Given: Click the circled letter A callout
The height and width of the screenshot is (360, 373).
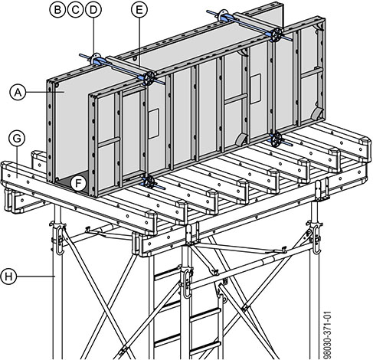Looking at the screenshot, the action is [18, 92].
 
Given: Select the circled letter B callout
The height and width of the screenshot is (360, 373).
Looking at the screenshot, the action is [57, 10].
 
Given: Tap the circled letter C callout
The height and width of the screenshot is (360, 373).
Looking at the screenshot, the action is [76, 10].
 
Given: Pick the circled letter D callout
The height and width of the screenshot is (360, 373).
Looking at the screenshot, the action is [93, 10].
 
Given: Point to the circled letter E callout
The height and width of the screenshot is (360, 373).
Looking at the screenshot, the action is [139, 10].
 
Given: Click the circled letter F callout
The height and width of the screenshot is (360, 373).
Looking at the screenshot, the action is [79, 183].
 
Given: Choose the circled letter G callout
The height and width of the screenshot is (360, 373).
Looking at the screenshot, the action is [17, 139].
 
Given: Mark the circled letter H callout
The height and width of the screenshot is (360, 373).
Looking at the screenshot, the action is [9, 277].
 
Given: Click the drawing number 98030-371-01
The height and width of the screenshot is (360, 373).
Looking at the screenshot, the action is [327, 335].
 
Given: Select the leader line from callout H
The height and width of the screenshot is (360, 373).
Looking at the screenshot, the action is [36, 277].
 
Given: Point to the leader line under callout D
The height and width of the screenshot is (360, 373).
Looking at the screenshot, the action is [93, 36].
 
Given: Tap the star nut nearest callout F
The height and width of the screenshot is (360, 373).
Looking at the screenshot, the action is [149, 182].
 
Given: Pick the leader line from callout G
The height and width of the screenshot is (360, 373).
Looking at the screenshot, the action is [17, 161].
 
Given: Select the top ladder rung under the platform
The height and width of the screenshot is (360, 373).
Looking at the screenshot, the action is [167, 273].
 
